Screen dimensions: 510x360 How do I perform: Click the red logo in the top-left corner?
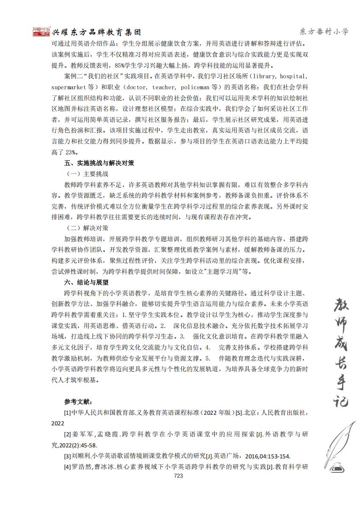tap(41, 32)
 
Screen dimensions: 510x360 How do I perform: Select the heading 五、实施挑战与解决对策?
tap(99, 163)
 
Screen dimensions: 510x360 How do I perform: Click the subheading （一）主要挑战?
tap(87, 174)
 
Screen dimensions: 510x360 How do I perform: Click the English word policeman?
tap(197, 87)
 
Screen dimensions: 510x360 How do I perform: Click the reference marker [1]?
tap(67, 412)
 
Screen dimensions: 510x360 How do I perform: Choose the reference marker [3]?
tap(67, 456)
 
